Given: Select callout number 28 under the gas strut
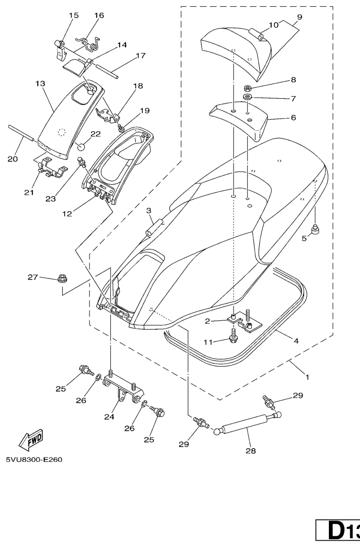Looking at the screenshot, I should [250, 450].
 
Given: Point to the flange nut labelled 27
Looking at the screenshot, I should [62, 279].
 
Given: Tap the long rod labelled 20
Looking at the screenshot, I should [21, 133].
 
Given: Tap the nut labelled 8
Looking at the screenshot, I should [247, 88].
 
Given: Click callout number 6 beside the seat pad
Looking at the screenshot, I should [293, 118].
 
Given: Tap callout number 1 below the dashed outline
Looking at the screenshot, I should [307, 376].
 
